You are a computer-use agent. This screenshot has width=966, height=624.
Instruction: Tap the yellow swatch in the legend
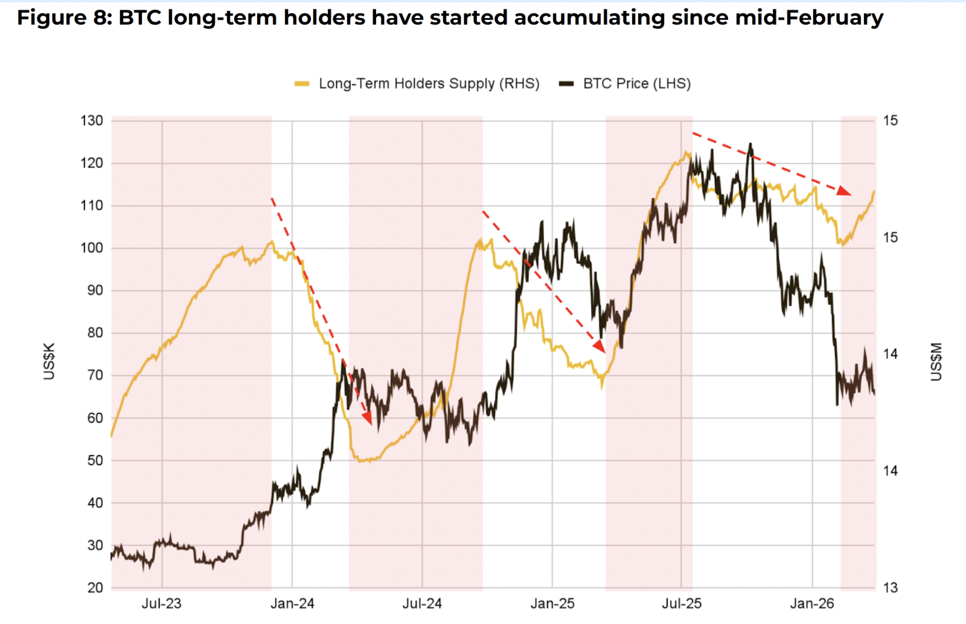302,84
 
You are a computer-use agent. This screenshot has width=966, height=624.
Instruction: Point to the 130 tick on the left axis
92,121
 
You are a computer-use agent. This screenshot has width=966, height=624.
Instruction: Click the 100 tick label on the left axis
92,248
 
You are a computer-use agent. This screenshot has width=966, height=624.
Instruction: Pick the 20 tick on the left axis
95,588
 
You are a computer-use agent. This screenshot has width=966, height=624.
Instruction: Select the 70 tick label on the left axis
95,375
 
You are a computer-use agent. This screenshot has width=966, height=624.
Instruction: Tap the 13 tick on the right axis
891,588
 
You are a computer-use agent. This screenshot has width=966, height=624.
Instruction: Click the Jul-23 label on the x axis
161,603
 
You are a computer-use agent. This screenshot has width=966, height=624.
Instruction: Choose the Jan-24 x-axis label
292,603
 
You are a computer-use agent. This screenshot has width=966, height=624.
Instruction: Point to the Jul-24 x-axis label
422,603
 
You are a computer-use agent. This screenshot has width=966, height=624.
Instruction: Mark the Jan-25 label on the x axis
552,603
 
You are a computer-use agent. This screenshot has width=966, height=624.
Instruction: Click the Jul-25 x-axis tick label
682,603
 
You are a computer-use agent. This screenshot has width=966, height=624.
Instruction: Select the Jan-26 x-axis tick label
812,603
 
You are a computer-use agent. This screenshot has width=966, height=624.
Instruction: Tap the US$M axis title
936,361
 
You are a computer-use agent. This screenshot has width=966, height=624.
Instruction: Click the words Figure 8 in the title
61,18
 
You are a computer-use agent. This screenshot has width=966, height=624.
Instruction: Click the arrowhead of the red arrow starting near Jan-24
367,418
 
